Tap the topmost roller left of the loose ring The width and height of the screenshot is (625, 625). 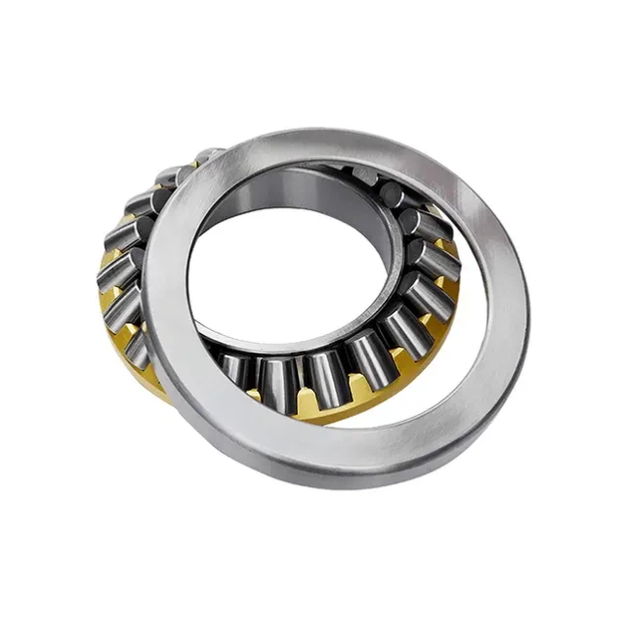tap(207, 156)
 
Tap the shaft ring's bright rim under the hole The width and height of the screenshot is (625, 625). tap(293, 337)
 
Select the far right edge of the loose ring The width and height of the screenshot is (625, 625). tap(527, 293)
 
